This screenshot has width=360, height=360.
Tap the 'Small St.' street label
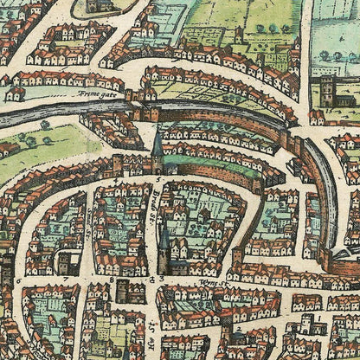(93, 209)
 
